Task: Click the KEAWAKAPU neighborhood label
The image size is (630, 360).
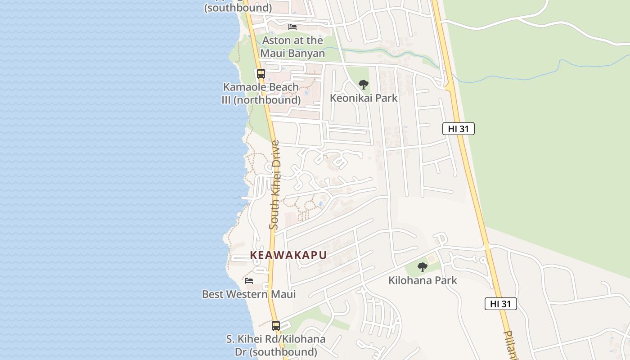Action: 288,255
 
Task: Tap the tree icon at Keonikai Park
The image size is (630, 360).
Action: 363,84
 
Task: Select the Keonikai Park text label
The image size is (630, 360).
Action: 364,98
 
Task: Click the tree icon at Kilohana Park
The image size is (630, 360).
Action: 422,267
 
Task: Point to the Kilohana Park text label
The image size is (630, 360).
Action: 423,280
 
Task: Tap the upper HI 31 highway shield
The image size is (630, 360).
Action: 459,129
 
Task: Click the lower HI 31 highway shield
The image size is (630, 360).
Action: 500,304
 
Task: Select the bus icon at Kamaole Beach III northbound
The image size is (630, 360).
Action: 261,74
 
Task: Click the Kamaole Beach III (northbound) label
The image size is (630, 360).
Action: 261,94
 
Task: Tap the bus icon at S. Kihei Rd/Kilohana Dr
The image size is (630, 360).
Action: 276,325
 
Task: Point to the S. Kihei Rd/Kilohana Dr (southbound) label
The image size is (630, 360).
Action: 275,345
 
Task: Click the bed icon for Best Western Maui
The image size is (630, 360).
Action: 249,280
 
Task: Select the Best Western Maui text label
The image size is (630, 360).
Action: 249,294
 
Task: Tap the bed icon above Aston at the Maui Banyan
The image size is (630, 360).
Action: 292,27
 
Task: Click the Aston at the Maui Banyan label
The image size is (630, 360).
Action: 292,47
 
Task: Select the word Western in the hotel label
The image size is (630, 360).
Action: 246,294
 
